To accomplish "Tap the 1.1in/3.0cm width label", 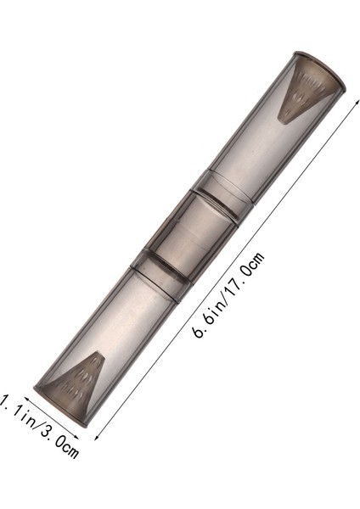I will pyautogui.click(x=41, y=425).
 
